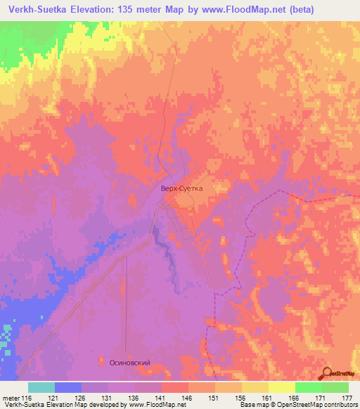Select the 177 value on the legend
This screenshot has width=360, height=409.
[x=347, y=398]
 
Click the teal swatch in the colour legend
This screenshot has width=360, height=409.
[x=41, y=387]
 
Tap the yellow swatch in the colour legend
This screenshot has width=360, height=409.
[x=281, y=387]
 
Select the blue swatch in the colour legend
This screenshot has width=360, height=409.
[x=68, y=387]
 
